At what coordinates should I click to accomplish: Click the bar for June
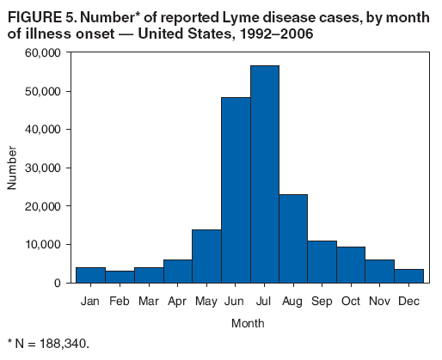[x=236, y=190]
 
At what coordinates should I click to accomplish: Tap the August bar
[x=293, y=238]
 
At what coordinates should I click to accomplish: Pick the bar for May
[x=206, y=256]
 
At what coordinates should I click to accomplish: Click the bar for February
[x=120, y=277]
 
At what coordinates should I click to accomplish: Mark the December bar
[x=409, y=276]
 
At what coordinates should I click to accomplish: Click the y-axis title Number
[x=13, y=168]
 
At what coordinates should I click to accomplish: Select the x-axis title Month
[x=248, y=324]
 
